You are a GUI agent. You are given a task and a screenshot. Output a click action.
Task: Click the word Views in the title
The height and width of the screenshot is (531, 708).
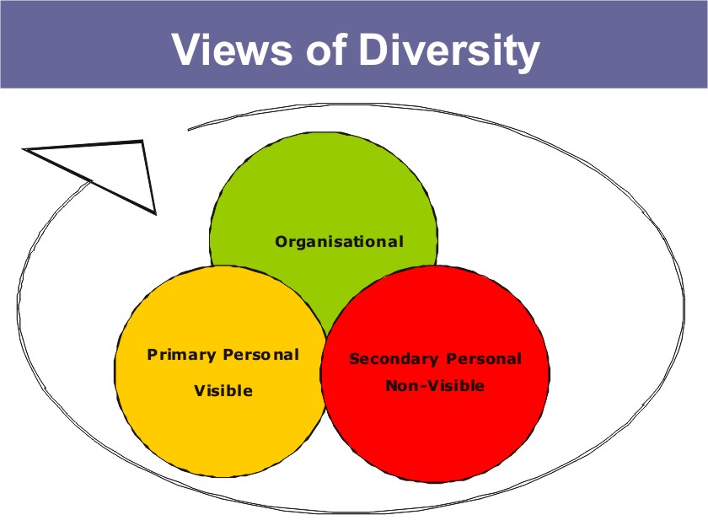[x=232, y=49]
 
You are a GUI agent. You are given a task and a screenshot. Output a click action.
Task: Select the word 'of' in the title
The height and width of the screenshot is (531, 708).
[x=326, y=49]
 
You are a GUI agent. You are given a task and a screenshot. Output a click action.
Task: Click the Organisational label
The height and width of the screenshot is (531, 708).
[x=339, y=242]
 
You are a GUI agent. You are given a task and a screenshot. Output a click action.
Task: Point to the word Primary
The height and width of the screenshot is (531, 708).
[x=181, y=355]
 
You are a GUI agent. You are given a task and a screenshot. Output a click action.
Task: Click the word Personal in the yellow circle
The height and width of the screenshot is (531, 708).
[x=261, y=355]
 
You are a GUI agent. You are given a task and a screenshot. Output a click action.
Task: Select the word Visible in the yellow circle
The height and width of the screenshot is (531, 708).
[x=223, y=390]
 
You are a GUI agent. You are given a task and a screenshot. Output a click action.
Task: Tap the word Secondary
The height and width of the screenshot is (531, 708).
[x=394, y=359]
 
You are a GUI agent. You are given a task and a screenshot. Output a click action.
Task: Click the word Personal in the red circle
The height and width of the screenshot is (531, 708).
[x=484, y=359]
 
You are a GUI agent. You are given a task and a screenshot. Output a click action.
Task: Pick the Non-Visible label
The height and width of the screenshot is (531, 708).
[x=435, y=386]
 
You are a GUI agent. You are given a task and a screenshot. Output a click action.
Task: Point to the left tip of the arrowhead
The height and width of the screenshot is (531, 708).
[x=24, y=148]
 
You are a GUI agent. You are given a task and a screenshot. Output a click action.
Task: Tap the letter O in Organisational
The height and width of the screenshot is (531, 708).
[x=282, y=241]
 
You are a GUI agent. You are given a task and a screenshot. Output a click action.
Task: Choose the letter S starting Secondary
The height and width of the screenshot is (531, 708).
[x=354, y=359]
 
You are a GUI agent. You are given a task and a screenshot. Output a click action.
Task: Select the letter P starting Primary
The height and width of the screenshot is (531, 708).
[x=153, y=355]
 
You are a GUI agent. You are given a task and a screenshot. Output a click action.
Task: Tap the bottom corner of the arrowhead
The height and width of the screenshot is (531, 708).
[x=155, y=213]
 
